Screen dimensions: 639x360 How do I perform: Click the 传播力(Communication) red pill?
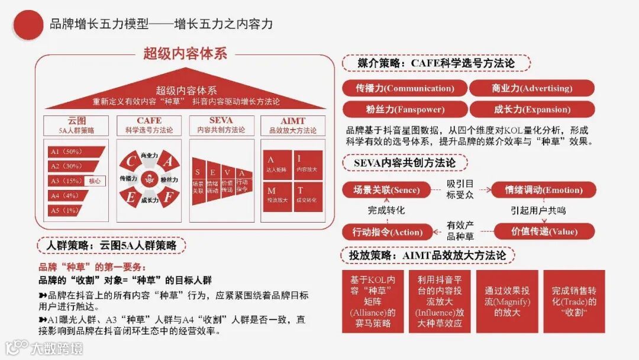(x=404, y=88)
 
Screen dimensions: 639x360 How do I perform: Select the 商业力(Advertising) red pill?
(x=531, y=88)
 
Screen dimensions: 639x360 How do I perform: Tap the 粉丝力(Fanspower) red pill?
(x=404, y=110)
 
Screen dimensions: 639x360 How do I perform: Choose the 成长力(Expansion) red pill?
(x=531, y=110)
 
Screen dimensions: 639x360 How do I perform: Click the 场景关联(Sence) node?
(x=386, y=190)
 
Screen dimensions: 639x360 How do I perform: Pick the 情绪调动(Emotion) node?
(x=543, y=190)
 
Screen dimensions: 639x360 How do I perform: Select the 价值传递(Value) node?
(x=544, y=232)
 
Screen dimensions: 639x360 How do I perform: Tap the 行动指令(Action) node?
(x=387, y=232)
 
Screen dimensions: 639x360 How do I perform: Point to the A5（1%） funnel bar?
(x=64, y=210)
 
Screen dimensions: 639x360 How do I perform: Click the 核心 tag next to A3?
(x=94, y=181)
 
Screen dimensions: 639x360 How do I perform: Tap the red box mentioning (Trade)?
(x=574, y=301)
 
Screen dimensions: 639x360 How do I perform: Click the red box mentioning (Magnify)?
(x=507, y=301)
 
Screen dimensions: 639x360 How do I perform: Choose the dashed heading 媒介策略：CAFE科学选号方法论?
(x=435, y=63)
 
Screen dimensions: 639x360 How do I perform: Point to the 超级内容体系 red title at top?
(x=185, y=53)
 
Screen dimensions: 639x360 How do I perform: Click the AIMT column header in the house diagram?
(x=292, y=125)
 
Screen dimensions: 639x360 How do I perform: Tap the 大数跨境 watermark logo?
(x=44, y=347)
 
